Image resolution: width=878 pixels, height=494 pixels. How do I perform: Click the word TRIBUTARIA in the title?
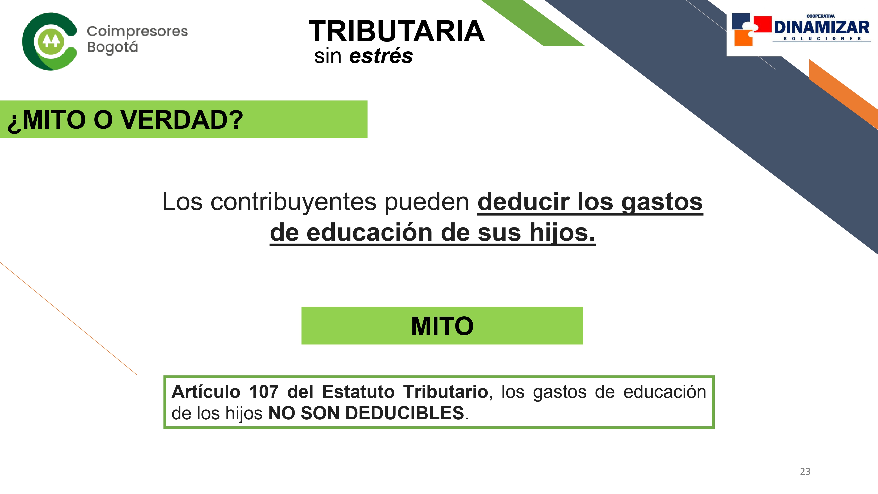(396, 31)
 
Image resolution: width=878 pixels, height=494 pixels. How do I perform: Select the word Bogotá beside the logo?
(112, 47)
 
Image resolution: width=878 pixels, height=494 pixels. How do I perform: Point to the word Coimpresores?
(137, 31)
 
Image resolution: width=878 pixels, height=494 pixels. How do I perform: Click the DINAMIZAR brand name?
(821, 27)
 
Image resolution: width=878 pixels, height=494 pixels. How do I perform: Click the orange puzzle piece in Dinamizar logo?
(743, 38)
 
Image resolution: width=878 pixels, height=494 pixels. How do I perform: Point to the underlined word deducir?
(524, 202)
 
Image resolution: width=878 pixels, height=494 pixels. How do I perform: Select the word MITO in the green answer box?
(442, 326)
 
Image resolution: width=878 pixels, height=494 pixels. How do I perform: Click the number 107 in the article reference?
(264, 391)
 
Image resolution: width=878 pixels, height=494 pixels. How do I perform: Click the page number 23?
(805, 472)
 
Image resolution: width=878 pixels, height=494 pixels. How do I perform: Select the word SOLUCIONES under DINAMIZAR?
(822, 38)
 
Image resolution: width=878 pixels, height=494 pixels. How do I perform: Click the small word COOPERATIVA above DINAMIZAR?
(820, 16)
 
